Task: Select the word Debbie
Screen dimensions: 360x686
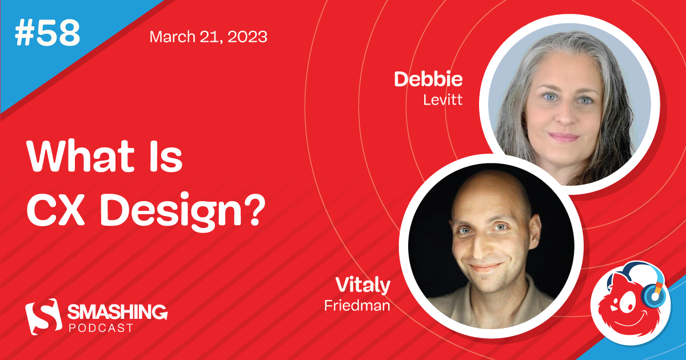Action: coord(428,80)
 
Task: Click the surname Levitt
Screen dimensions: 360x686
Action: coord(442,99)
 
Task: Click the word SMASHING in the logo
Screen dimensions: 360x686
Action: coord(117,312)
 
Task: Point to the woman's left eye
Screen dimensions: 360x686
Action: coord(585,101)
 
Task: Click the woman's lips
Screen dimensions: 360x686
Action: coord(564,137)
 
